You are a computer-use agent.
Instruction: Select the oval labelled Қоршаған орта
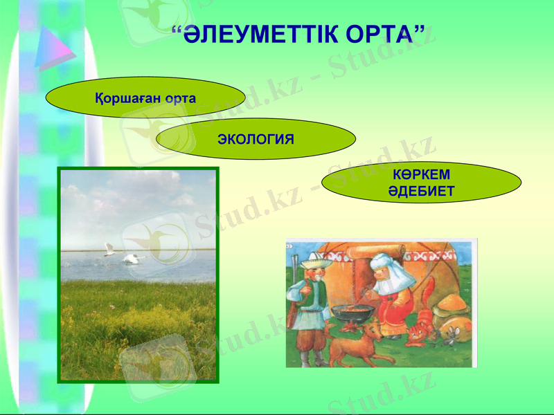pos(145,98)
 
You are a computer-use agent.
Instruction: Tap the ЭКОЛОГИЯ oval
pos(256,139)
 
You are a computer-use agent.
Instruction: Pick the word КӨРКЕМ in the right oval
pos(421,176)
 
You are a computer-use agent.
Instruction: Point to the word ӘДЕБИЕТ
pos(421,192)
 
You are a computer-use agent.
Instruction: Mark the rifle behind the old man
pos(294,273)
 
